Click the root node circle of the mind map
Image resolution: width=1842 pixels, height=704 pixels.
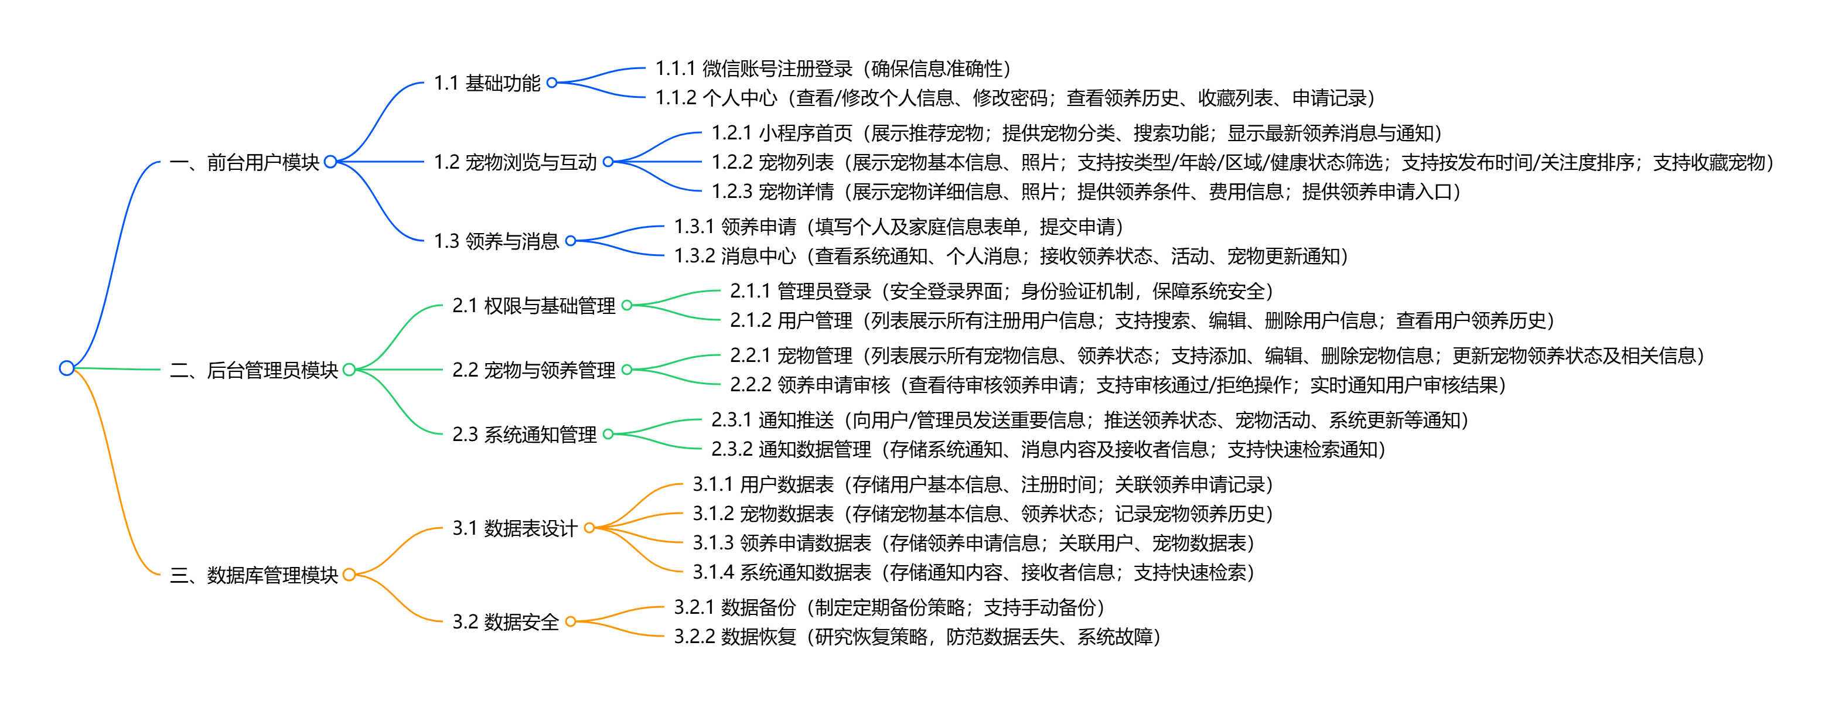click(x=67, y=368)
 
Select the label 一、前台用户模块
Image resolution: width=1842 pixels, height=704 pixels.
click(x=244, y=163)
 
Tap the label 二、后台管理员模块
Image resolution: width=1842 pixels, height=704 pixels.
click(x=254, y=370)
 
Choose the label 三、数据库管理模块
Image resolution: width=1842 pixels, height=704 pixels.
click(x=254, y=575)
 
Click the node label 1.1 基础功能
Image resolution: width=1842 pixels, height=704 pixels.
click(x=487, y=84)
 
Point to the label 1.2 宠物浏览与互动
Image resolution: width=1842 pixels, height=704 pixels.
click(x=515, y=163)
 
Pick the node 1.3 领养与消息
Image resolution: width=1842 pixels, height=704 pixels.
click(x=496, y=241)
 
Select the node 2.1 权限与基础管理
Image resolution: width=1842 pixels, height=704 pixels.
click(x=533, y=306)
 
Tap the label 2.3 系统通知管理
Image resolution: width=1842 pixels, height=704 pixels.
click(x=524, y=435)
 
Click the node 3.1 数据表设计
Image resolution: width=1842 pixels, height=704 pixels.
click(x=515, y=528)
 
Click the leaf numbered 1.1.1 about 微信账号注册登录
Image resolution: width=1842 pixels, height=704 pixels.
click(x=833, y=69)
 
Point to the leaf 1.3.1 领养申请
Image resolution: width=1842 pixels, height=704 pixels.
click(x=898, y=227)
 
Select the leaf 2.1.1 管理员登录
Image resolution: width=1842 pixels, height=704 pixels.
click(x=1001, y=291)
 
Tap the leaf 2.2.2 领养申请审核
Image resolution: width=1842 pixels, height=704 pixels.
click(x=1118, y=385)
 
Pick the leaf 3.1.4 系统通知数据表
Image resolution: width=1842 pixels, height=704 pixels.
click(x=973, y=572)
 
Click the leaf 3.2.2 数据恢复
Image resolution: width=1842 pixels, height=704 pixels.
click(x=917, y=637)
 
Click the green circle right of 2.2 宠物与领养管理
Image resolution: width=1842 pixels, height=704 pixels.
click(x=627, y=370)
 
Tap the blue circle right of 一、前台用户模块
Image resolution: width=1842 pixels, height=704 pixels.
click(x=330, y=162)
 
